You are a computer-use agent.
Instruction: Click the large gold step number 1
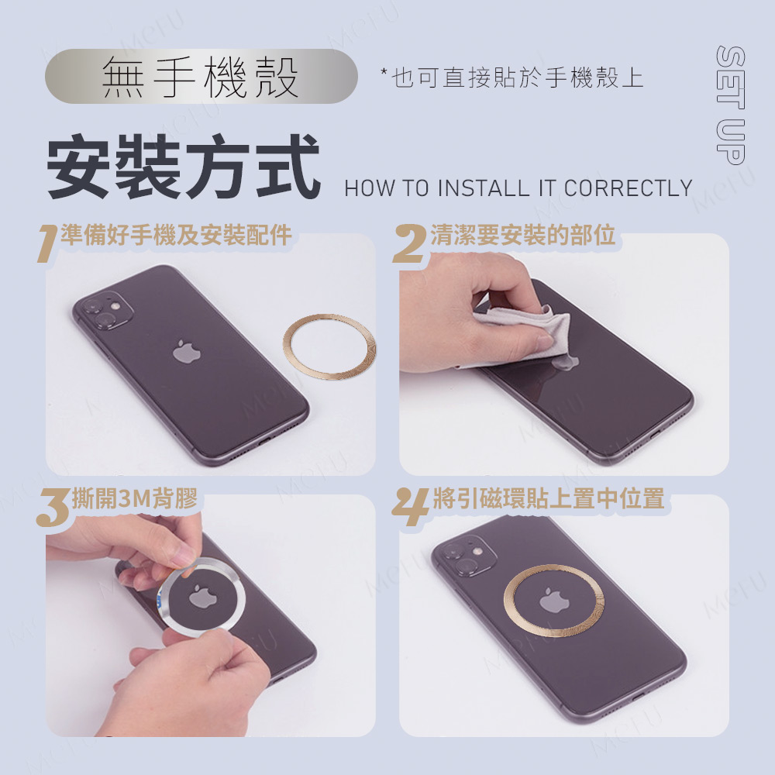click(47, 243)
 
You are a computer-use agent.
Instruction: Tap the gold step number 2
click(410, 243)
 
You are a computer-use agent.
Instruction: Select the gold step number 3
click(53, 507)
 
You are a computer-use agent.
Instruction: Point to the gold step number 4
click(410, 507)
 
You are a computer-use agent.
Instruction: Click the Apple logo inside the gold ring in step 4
click(554, 600)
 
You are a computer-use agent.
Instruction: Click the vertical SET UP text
click(730, 105)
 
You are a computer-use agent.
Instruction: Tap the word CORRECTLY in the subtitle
click(628, 188)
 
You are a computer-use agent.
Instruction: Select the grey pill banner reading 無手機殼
click(201, 76)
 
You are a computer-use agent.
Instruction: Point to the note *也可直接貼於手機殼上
click(512, 77)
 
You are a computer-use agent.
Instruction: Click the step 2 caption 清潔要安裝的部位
click(523, 235)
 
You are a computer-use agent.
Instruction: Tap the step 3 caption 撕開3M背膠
click(134, 498)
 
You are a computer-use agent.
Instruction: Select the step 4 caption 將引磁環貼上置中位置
click(549, 498)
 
